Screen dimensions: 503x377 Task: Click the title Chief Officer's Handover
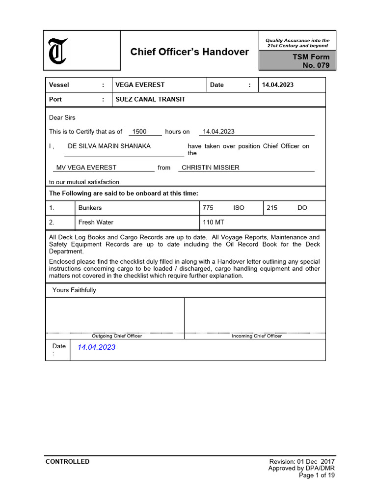189,52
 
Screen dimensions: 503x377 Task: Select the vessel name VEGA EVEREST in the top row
140,85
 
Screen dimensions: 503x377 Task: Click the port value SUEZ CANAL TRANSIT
150,99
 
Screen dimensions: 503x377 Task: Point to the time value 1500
139,132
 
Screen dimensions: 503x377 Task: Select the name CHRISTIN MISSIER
211,168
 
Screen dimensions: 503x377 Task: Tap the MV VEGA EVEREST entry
86,168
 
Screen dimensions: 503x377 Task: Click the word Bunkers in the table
90,208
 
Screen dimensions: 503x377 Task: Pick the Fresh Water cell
96,223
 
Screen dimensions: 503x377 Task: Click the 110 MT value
214,223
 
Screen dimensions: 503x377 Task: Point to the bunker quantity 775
208,208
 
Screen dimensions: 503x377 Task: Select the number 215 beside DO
272,208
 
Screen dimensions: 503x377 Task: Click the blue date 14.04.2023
97,347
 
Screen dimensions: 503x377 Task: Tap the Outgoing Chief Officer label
117,336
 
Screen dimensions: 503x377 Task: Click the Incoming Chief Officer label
257,336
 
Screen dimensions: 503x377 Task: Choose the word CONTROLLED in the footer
68,462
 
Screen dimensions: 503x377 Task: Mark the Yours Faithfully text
74,290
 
